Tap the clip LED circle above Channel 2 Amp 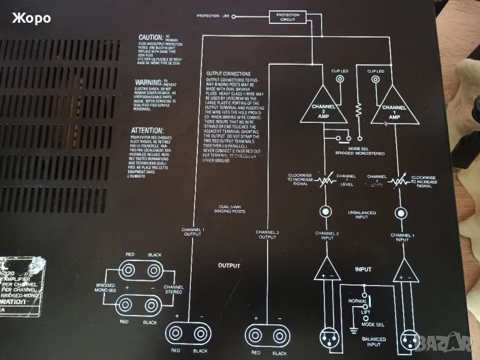(x=340, y=79)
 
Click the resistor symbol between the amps (x=359, y=111)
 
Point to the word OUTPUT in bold (x=229, y=265)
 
